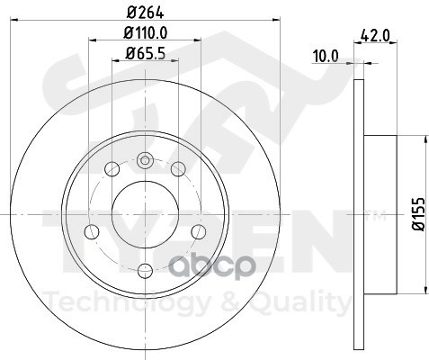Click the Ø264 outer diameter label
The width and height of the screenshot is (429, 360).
pos(145,13)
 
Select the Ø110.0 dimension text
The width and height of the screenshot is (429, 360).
pos(145,33)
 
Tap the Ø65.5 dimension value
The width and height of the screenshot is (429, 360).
pos(145,54)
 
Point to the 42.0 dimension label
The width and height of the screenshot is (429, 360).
pos(375,36)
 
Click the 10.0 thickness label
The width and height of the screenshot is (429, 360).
pos(326,57)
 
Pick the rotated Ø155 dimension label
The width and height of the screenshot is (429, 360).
pos(419,214)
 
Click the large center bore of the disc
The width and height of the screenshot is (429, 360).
pos(145,214)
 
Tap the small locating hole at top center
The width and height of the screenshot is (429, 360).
pos(145,160)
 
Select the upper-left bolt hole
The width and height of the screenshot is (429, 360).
pos(112,169)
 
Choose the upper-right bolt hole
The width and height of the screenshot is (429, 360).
pos(178,169)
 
